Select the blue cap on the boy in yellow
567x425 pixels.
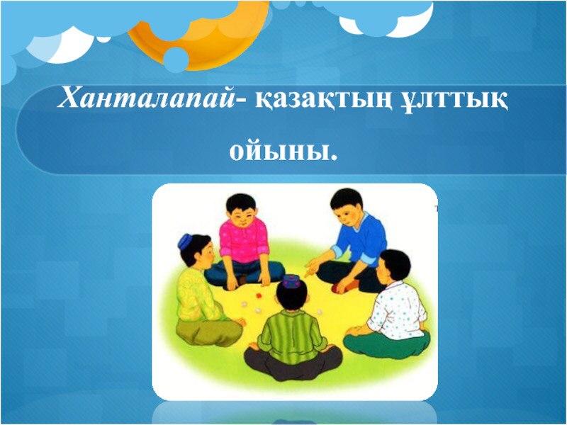(185, 240)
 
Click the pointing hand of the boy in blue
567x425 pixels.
(310, 270)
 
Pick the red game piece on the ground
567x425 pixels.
(259, 295)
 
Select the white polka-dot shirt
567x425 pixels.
(397, 312)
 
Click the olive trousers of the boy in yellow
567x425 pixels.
(207, 331)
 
